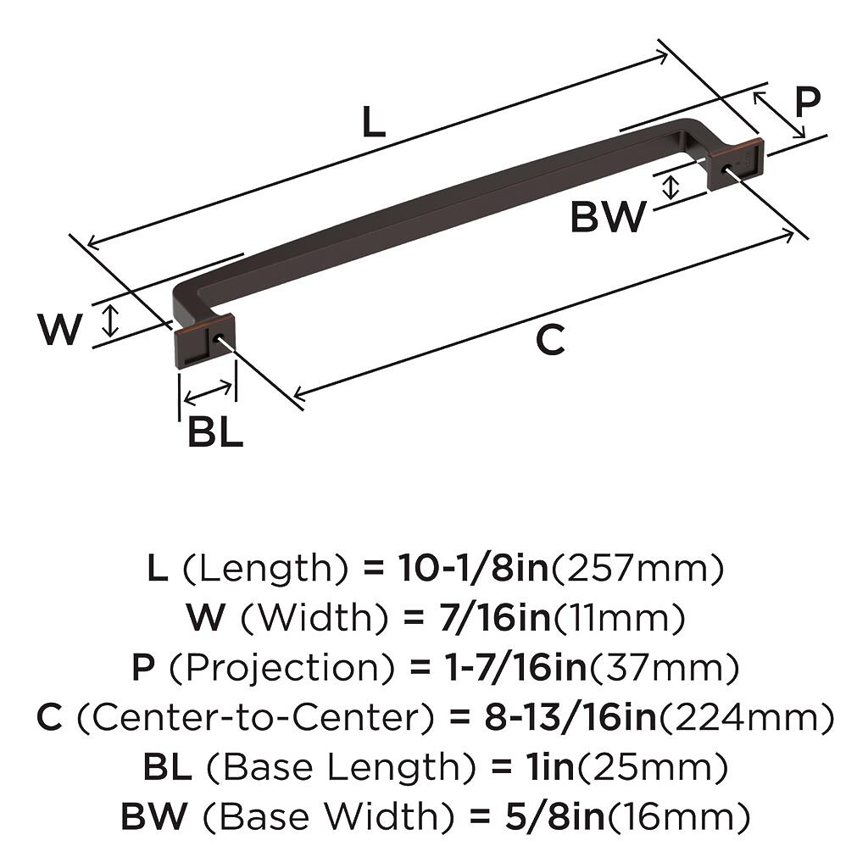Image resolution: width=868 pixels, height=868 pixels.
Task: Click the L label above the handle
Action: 374,122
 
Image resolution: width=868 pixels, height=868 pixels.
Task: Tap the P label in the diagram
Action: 808,103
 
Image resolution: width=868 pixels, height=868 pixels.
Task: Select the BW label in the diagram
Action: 609,216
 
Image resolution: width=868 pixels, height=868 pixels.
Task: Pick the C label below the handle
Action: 550,340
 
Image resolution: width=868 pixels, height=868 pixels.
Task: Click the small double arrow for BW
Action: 671,186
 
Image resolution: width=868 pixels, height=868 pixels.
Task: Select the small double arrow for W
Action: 111,320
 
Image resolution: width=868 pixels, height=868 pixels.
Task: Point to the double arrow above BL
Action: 208,392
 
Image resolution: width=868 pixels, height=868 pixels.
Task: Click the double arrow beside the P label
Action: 779,114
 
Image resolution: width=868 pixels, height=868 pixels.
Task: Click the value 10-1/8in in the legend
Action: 473,568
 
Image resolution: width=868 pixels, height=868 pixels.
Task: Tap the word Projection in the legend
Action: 281,667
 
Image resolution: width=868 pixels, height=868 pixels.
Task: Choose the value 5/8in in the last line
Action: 554,816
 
